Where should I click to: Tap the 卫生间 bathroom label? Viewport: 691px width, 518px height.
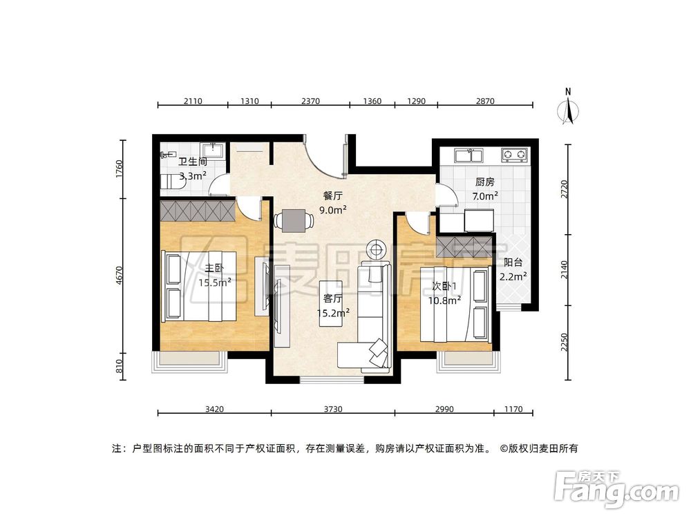[x=193, y=162]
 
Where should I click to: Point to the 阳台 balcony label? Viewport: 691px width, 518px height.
[x=513, y=262]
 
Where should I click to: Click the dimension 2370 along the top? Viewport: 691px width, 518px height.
[x=310, y=101]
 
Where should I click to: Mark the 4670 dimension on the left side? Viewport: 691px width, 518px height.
[x=119, y=276]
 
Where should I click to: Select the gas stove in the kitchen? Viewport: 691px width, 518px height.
[x=513, y=155]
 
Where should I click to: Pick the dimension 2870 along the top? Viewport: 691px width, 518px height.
[x=486, y=101]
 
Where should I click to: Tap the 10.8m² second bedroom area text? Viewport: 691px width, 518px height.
[x=444, y=300]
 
